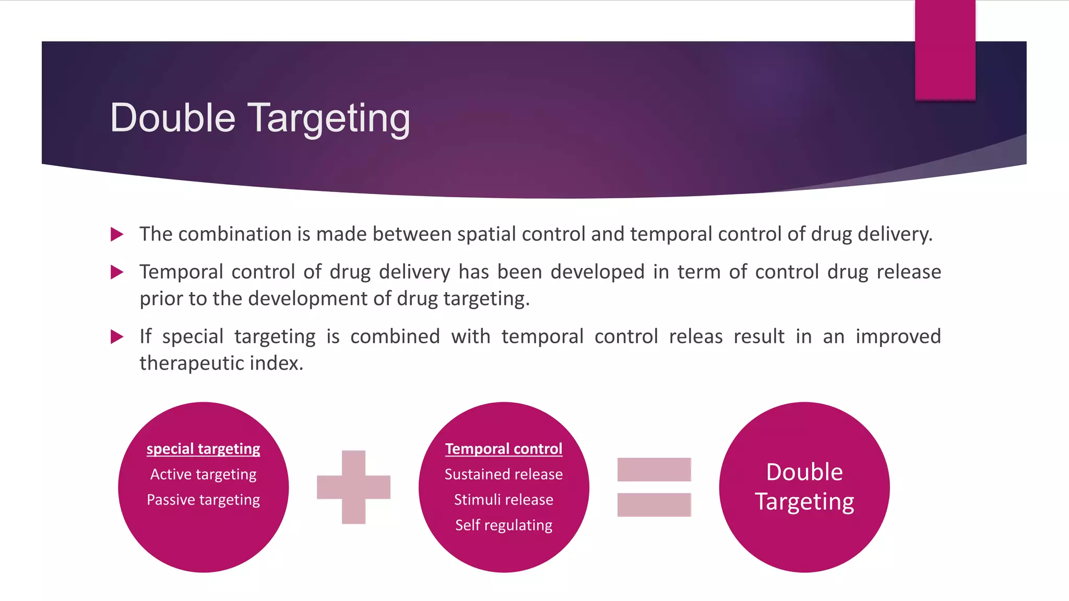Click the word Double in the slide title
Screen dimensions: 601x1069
point(172,118)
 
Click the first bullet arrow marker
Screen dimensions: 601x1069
point(117,234)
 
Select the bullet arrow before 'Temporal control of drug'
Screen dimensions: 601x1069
point(117,272)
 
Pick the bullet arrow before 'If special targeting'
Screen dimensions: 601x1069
point(117,336)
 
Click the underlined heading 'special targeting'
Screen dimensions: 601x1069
point(203,449)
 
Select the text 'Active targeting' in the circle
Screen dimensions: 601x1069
point(203,474)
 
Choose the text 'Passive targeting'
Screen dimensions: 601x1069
point(203,500)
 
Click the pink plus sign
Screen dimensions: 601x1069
point(353,487)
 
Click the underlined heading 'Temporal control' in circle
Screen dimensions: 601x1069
point(503,449)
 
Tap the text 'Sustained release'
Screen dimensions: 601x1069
point(503,474)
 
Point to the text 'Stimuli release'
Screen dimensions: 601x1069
point(503,500)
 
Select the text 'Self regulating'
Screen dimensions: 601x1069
point(503,525)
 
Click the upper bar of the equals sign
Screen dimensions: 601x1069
point(654,470)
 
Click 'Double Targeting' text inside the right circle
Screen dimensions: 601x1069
point(804,487)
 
